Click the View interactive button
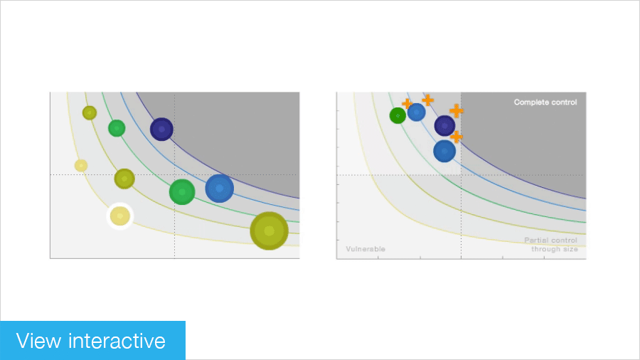point(92,341)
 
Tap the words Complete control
point(545,102)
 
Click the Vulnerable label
point(366,249)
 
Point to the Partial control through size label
point(551,245)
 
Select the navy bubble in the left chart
point(161,129)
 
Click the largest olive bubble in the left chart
point(269,231)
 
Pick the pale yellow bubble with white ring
point(119,216)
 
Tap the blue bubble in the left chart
point(219,188)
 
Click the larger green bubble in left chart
point(182,191)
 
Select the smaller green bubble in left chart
point(117,128)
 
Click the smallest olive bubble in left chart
point(89,112)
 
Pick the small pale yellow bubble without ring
point(81,165)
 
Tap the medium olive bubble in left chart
point(124,179)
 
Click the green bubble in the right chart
point(398,115)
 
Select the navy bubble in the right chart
point(444,126)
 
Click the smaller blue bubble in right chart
point(417,112)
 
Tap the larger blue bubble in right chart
point(444,151)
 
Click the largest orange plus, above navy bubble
point(457,110)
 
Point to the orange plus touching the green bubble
point(407,104)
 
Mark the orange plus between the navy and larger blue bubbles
point(457,136)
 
